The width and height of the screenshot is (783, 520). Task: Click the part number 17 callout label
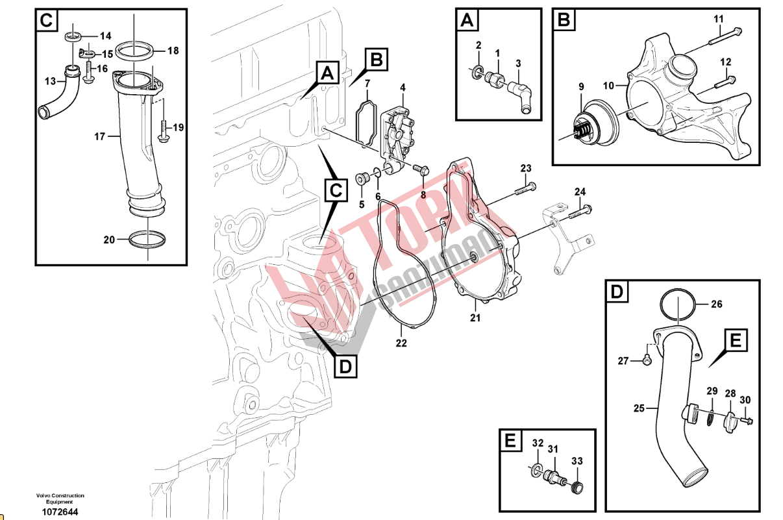click(99, 136)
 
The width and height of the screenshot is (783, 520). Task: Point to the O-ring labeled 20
click(147, 240)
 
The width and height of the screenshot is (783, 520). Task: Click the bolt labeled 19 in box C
click(163, 131)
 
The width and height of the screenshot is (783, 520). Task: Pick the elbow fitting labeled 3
click(520, 97)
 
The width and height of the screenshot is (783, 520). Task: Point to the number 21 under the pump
click(475, 317)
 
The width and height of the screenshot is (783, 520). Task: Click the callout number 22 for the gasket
click(401, 343)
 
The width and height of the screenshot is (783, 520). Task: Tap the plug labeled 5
click(361, 179)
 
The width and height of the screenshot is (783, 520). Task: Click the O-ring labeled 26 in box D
click(677, 304)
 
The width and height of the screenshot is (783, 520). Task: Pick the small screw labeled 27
click(647, 360)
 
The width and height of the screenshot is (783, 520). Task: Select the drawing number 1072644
click(60, 512)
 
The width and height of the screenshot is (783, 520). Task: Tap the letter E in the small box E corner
click(510, 440)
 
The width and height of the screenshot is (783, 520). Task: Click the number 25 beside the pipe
click(639, 408)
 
